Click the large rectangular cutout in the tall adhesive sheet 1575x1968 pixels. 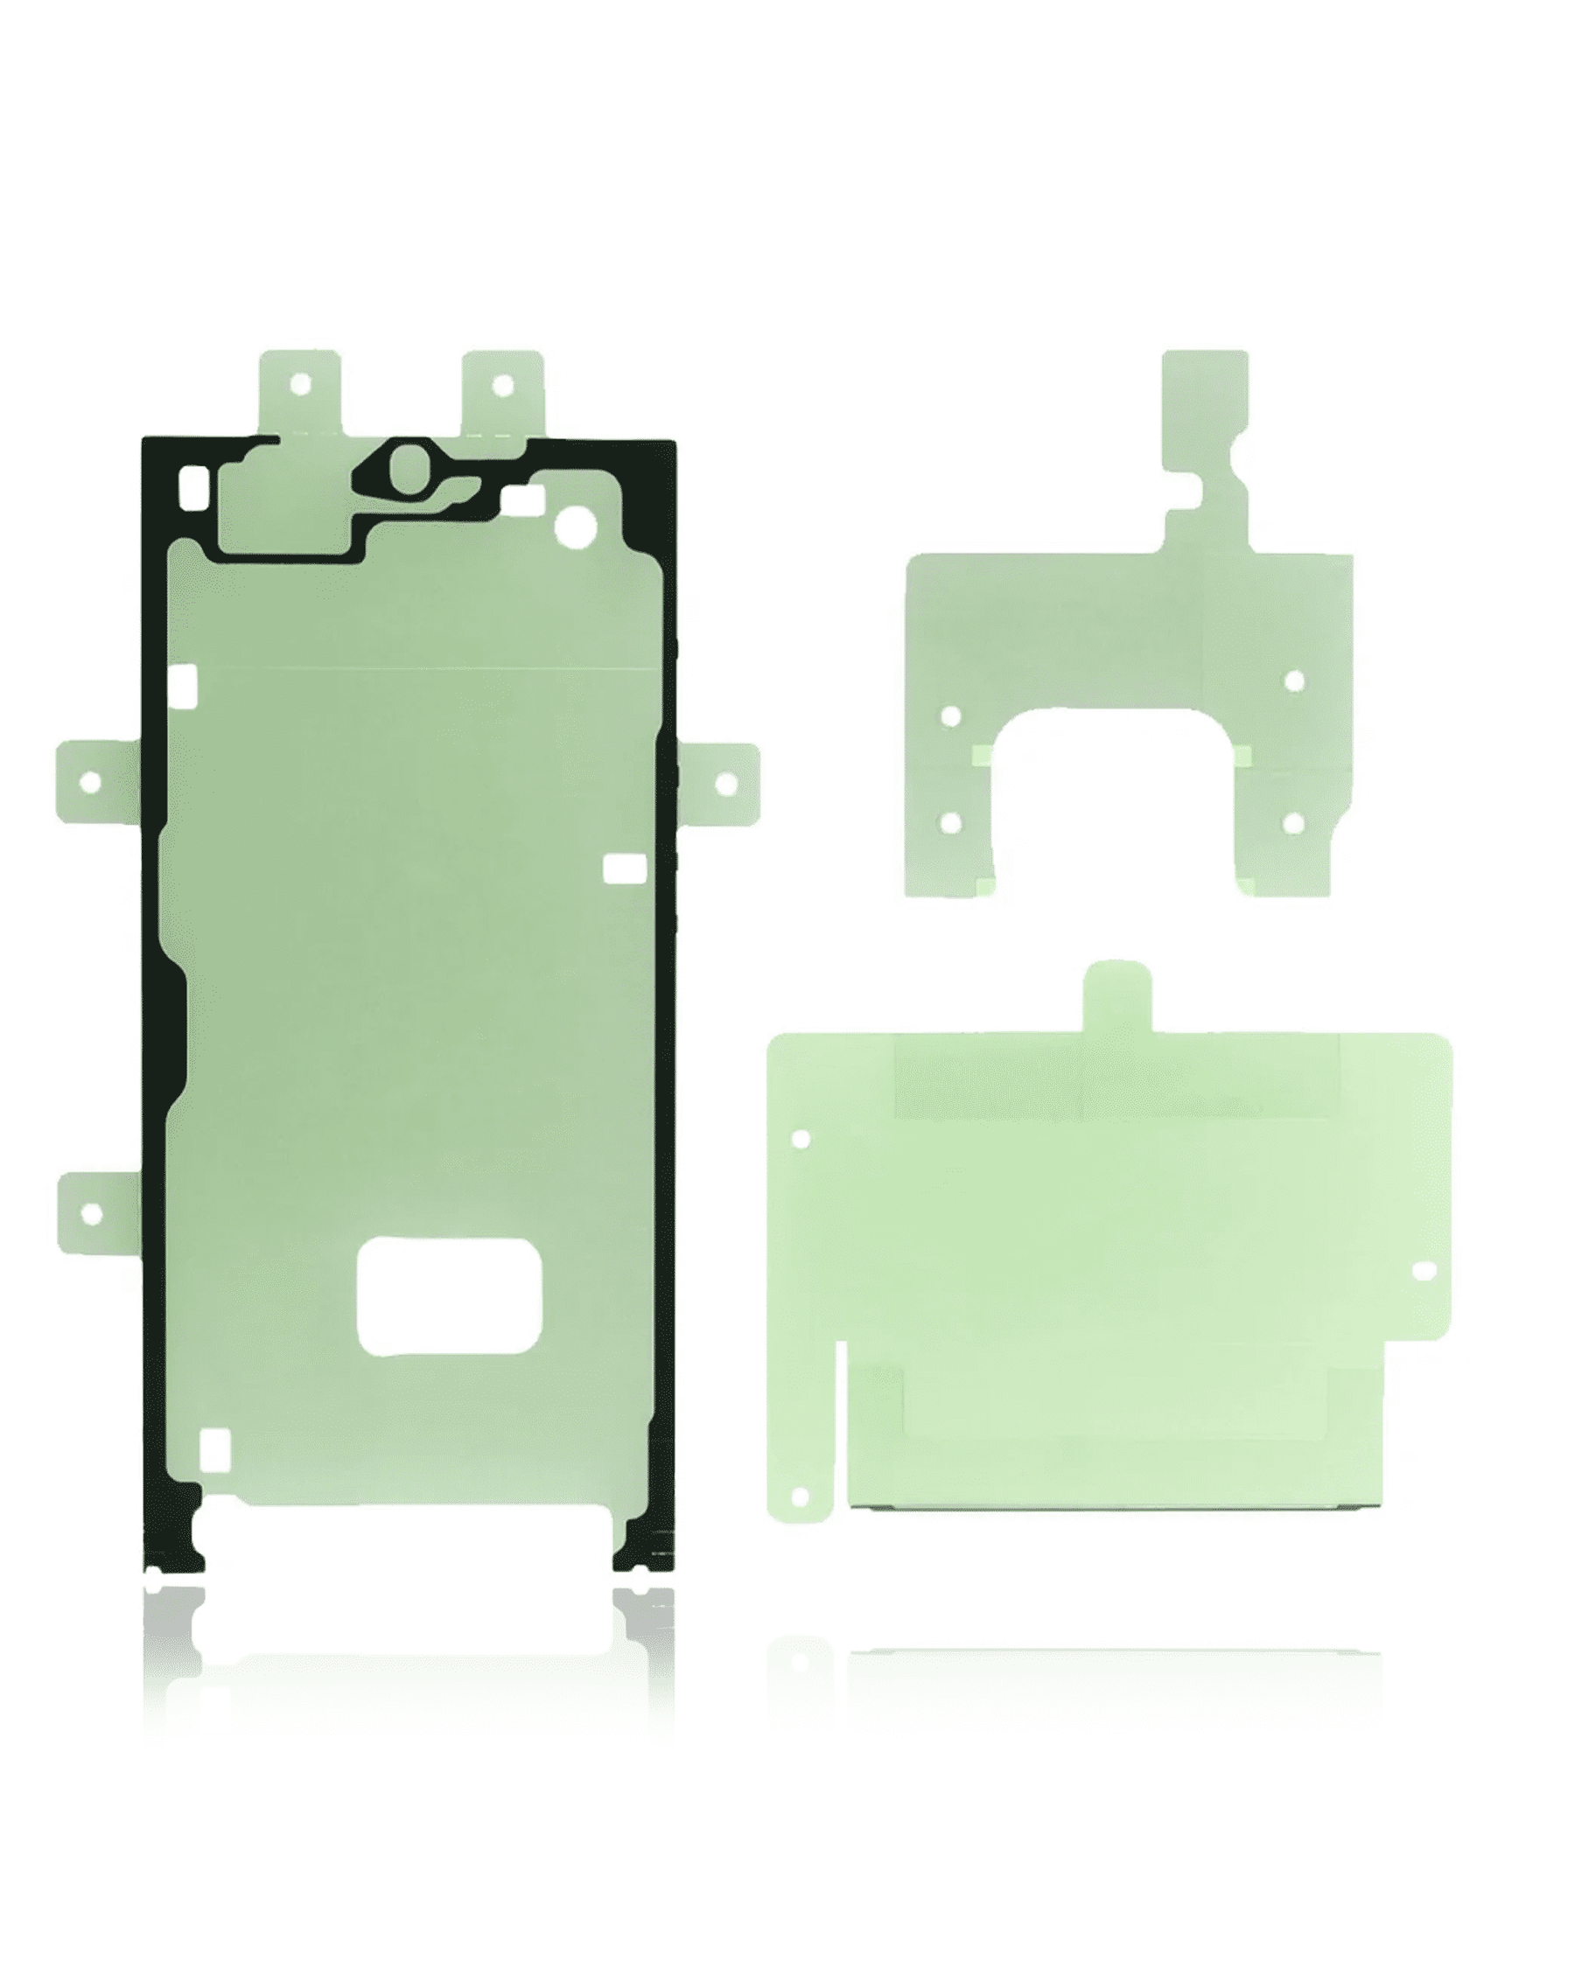pos(449,1296)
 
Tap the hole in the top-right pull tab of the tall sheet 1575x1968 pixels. pos(501,385)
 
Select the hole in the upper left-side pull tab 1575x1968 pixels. pos(89,782)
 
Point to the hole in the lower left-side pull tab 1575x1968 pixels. pos(90,1214)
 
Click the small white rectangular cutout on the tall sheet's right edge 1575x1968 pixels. pos(626,869)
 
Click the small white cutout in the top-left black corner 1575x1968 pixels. pos(194,487)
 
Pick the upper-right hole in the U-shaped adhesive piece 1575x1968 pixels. pos(1294,680)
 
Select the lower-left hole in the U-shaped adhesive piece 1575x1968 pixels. pos(950,823)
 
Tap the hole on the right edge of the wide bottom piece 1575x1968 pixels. pos(1424,1271)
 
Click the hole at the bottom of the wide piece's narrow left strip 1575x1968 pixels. pos(800,1498)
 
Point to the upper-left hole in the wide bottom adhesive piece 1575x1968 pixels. pos(801,1139)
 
